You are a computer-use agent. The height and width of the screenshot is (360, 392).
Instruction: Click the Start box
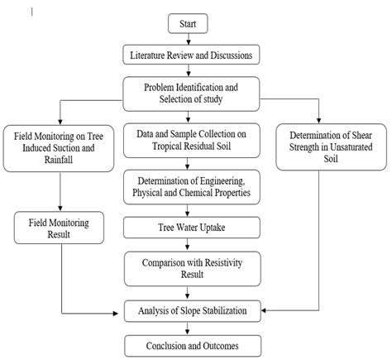point(188,25)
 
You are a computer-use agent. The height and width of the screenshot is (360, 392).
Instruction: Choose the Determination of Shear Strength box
point(329,148)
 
